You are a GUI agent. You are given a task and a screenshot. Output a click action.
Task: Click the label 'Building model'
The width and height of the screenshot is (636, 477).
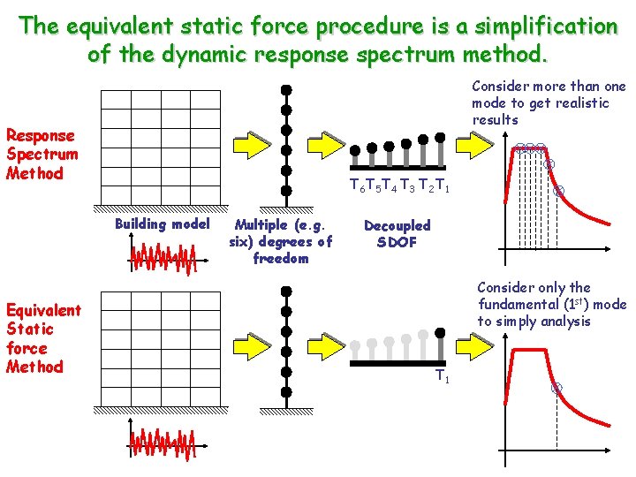tap(162, 223)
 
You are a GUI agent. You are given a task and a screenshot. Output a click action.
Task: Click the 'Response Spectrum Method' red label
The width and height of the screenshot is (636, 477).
tap(42, 155)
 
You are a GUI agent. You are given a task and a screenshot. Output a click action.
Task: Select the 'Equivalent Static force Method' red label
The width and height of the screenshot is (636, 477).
tap(43, 338)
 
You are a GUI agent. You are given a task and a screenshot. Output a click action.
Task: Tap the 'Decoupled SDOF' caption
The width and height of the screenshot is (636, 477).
tap(397, 234)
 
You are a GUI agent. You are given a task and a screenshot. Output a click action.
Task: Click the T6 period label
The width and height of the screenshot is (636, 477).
tap(356, 186)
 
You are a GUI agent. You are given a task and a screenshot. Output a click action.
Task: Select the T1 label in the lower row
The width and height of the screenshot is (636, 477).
tap(443, 378)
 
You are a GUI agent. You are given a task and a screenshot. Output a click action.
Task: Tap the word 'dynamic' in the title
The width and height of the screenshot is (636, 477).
tap(202, 54)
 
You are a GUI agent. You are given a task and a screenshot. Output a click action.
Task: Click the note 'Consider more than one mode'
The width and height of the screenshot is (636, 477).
tap(548, 102)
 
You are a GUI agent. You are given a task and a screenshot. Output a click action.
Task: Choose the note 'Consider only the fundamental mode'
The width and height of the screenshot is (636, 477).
tap(550, 304)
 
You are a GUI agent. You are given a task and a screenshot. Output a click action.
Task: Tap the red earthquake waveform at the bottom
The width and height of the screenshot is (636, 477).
tap(162, 443)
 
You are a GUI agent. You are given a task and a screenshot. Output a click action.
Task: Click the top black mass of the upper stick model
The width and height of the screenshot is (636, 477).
tap(285, 89)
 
